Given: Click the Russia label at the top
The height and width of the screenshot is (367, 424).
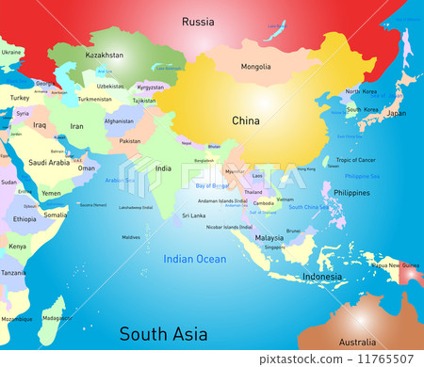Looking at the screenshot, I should [x=198, y=21].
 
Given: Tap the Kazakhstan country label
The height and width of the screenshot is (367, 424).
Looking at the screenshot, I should [x=105, y=56].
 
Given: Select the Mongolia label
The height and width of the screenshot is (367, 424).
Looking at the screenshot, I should [x=255, y=67].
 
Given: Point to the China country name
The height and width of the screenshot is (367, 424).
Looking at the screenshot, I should [x=247, y=120].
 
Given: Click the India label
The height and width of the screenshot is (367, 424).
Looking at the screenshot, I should [x=163, y=168].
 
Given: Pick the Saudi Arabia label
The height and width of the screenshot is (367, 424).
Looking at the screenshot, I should [x=49, y=162].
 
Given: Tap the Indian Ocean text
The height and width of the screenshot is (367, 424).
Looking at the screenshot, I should [x=194, y=259].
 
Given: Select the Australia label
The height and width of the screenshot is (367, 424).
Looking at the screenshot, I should [x=357, y=342].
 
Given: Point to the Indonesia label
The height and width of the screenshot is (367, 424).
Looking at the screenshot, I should [x=322, y=277].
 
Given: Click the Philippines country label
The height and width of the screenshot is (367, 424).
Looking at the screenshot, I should [x=351, y=193].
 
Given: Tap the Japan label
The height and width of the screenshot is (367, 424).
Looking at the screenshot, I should [x=397, y=113].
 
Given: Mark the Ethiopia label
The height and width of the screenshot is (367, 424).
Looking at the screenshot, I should [x=25, y=218].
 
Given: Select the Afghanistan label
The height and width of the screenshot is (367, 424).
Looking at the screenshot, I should [x=118, y=120].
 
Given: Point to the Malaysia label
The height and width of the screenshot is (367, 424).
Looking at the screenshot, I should [x=269, y=238].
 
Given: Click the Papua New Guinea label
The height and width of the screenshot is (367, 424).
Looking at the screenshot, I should [x=397, y=264].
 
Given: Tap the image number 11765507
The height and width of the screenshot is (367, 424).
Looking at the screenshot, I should [x=387, y=359].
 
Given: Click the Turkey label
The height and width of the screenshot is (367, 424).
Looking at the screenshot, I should [x=20, y=97].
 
